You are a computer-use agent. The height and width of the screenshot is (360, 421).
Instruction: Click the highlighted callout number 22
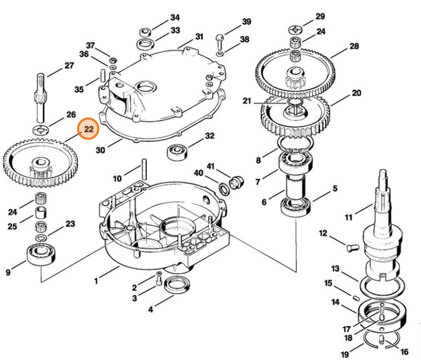89,129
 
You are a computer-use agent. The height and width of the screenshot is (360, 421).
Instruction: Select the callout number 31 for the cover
199,37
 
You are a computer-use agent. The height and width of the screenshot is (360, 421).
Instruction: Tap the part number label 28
354,45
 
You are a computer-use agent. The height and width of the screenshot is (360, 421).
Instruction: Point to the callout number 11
348,217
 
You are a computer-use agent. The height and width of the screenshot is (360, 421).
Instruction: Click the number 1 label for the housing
96,280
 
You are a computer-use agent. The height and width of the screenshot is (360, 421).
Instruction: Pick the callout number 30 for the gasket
101,151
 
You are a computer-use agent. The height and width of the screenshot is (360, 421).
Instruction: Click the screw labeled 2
158,279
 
